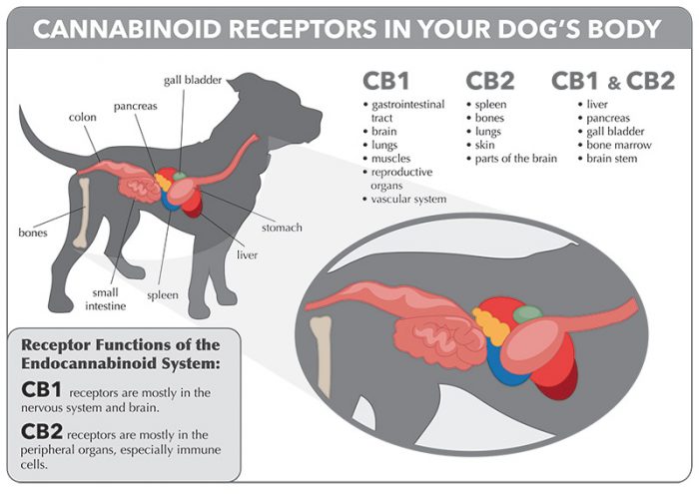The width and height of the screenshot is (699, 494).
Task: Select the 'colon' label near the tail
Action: pyautogui.click(x=83, y=117)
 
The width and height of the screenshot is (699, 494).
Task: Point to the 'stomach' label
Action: pyautogui.click(x=282, y=228)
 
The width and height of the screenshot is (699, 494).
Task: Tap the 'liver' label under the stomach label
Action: pyautogui.click(x=248, y=254)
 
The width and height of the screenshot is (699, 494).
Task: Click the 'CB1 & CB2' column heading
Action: pyautogui.click(x=613, y=80)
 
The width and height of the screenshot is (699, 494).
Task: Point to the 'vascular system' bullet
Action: pyautogui.click(x=408, y=200)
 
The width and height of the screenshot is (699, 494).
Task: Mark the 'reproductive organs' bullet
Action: pyautogui.click(x=405, y=179)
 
